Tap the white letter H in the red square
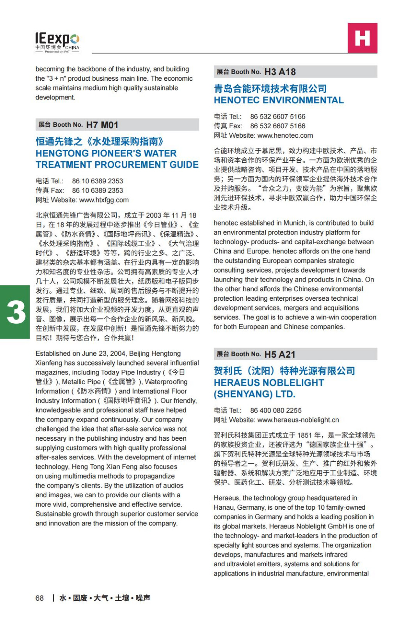point(362,38)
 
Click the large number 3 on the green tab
point(16,312)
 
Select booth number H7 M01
point(102,125)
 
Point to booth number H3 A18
point(280,72)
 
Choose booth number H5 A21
point(280,355)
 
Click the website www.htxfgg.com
point(104,200)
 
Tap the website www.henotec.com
point(285,136)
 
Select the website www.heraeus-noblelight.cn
point(298,420)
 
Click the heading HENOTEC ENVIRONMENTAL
point(279,101)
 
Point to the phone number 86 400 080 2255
point(276,411)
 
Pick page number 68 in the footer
point(39,598)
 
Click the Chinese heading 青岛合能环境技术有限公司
point(270,89)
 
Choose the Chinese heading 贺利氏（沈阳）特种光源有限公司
point(284,371)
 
